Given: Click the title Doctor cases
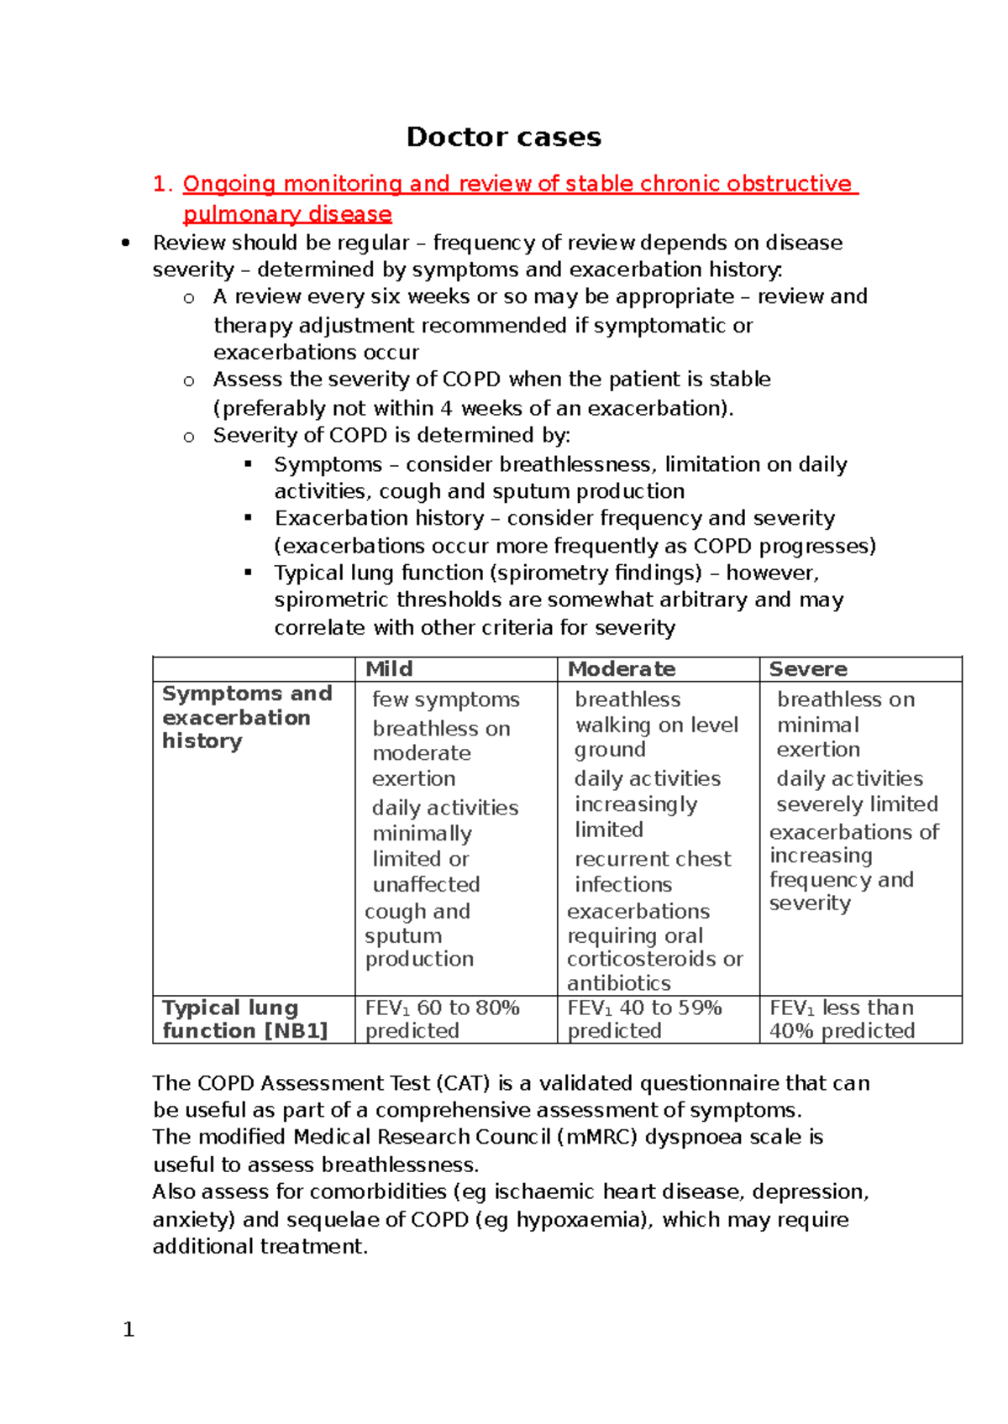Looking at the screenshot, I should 503,137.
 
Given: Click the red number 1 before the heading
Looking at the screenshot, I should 161,184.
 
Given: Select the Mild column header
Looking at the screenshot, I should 389,669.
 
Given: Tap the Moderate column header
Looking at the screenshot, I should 622,669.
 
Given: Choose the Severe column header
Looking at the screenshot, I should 808,669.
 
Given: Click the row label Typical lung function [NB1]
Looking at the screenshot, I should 244,1019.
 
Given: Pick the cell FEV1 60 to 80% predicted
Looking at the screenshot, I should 442,1019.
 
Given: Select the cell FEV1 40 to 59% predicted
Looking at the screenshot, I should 644,1019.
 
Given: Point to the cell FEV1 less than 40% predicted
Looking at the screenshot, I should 842,1019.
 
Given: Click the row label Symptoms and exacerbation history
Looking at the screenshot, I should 246,717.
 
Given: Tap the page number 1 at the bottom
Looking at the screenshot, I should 129,1329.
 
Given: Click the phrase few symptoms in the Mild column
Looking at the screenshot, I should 445,699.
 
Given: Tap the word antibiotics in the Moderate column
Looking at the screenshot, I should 618,983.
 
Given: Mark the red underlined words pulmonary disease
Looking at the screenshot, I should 287,214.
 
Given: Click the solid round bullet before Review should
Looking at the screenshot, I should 126,243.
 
